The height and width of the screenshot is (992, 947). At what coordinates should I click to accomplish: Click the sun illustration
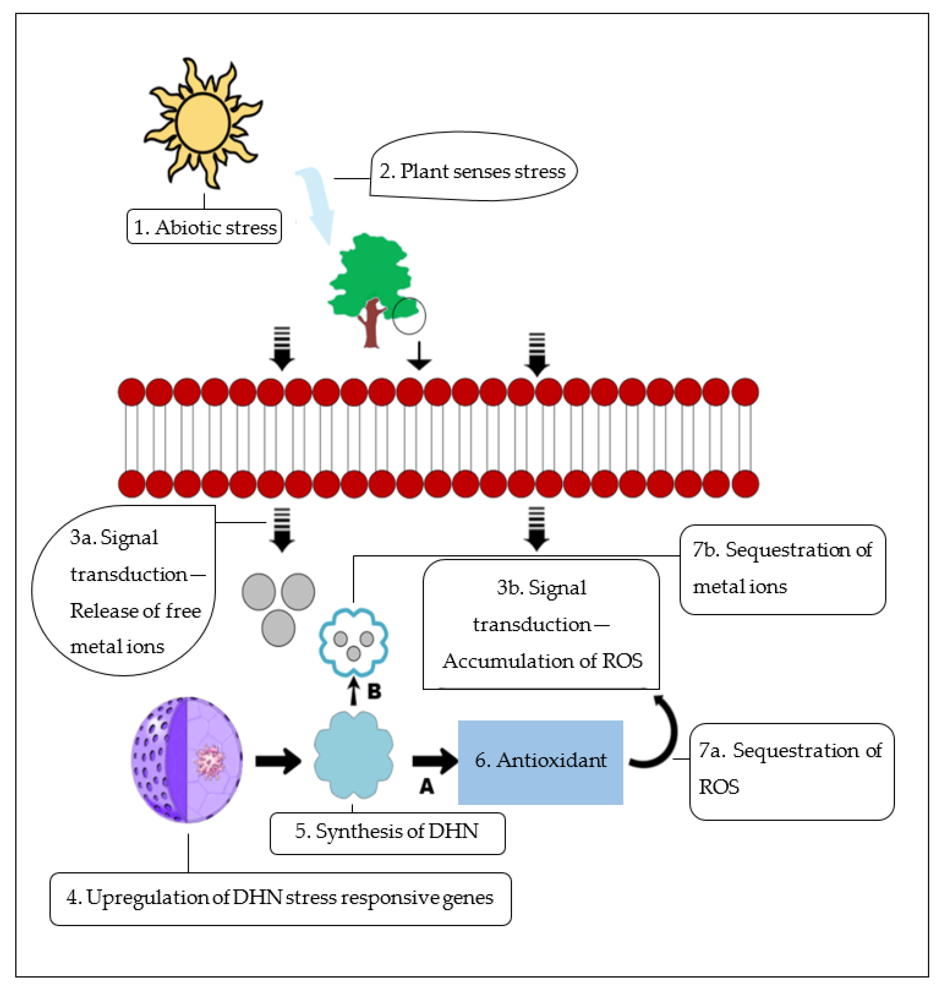(203, 123)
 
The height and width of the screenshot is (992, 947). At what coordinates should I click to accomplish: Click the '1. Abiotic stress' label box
(204, 227)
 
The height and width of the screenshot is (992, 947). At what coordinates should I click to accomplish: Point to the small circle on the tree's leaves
(409, 316)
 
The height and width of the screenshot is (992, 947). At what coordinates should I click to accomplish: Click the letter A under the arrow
(427, 786)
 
